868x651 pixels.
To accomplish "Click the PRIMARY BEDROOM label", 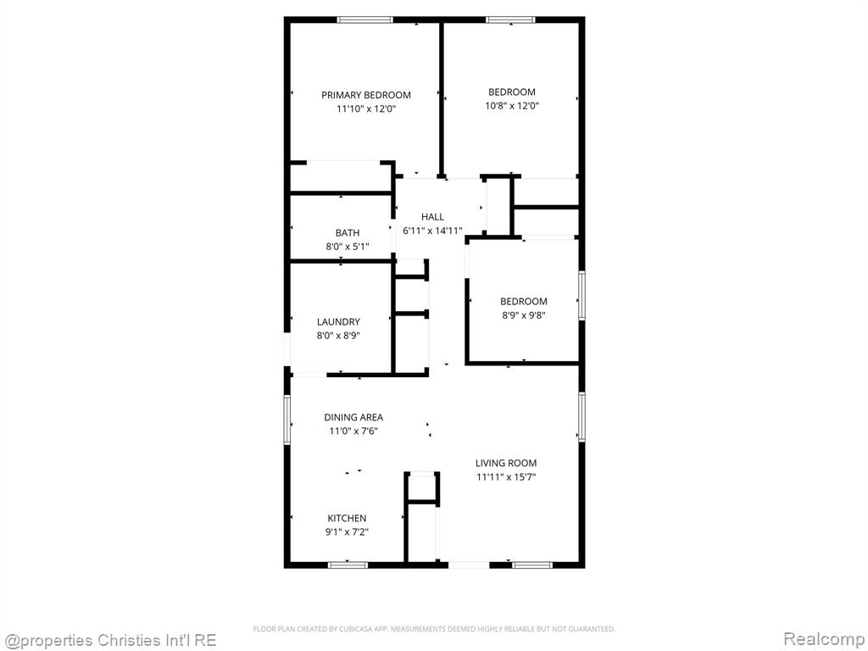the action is point(366,95).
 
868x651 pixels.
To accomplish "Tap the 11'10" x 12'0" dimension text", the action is point(366,109).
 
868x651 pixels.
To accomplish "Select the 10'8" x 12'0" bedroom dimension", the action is point(512,106).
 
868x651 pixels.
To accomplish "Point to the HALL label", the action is point(432,217).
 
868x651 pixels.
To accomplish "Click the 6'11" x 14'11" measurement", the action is point(432,231).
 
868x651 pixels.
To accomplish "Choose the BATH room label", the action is point(347,233).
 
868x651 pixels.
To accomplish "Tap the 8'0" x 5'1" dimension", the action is point(347,247).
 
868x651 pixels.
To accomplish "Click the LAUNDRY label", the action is point(338,321).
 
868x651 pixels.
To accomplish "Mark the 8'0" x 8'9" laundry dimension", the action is point(338,336).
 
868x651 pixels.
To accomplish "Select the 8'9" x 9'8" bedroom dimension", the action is point(524,315).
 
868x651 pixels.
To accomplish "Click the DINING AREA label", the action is point(353,417).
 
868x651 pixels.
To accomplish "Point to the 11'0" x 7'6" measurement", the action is point(353,431).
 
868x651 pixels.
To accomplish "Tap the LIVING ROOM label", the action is point(506,464).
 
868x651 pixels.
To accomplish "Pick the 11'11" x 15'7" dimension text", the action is point(506,477).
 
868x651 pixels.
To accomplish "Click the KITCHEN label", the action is point(347,518).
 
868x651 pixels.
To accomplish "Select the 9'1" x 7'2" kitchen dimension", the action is point(347,532).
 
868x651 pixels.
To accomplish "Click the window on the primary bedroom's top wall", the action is point(365,20).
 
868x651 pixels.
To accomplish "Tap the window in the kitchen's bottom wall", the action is point(348,565).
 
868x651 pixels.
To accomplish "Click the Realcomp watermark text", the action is point(824,639).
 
